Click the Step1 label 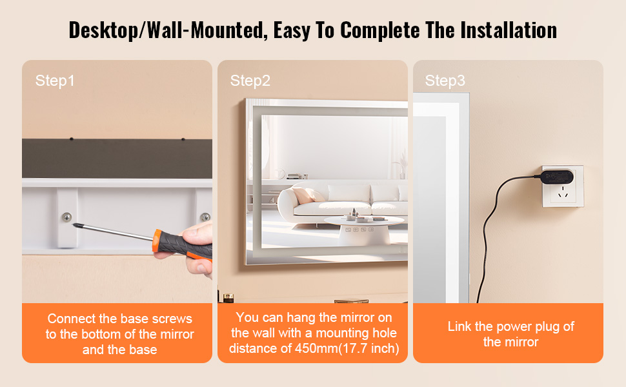55,81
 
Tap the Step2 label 250,81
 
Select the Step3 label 445,81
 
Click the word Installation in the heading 509,30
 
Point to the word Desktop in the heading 103,30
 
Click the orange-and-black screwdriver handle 182,245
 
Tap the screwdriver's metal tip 74,225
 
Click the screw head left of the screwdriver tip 66,217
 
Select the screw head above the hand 205,217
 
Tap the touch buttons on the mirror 359,230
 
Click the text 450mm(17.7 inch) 347,348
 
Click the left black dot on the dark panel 72,139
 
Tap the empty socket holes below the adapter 563,192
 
